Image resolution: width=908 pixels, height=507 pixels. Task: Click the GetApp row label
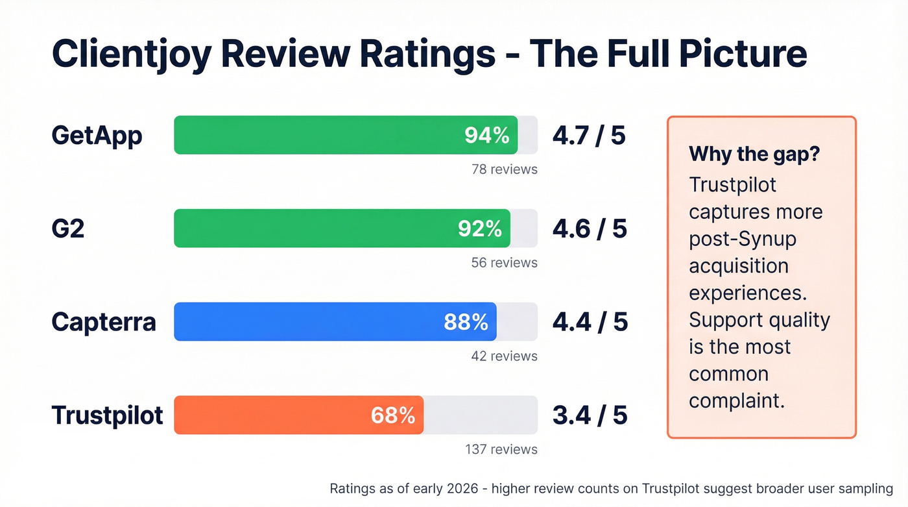pos(97,136)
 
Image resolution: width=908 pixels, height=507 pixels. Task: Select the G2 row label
pos(68,229)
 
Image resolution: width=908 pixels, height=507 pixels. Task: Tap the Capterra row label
pos(104,322)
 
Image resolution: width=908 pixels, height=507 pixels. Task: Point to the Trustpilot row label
pos(107,415)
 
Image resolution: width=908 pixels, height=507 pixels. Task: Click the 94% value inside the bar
pos(487,135)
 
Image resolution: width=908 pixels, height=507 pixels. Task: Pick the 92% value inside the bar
pos(480,229)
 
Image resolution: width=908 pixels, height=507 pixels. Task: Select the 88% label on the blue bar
pos(466,322)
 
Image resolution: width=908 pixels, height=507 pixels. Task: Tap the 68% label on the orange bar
pos(393,415)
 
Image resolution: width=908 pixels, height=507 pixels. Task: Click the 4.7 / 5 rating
pos(589,136)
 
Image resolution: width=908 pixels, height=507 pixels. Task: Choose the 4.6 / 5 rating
pos(590,229)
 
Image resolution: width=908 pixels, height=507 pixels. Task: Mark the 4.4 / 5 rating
pos(590,322)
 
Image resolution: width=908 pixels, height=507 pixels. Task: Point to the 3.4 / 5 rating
pos(590,415)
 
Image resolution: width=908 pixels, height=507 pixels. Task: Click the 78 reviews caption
pos(504,169)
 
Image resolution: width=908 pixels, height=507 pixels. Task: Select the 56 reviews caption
pos(504,263)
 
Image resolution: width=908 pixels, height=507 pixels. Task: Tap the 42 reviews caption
pos(504,356)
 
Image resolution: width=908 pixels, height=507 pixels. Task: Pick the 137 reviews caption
pos(501,449)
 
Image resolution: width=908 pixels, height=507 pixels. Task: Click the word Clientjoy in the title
pos(132,55)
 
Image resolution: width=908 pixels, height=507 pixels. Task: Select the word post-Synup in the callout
pos(742,240)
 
